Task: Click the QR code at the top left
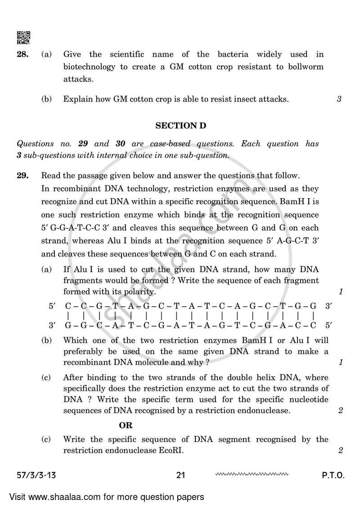tap(23, 38)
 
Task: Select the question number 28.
tap(23, 54)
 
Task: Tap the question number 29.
tap(23, 176)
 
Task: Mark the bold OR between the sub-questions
tap(126, 425)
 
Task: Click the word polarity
tap(140, 292)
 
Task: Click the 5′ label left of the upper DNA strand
tap(52, 306)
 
